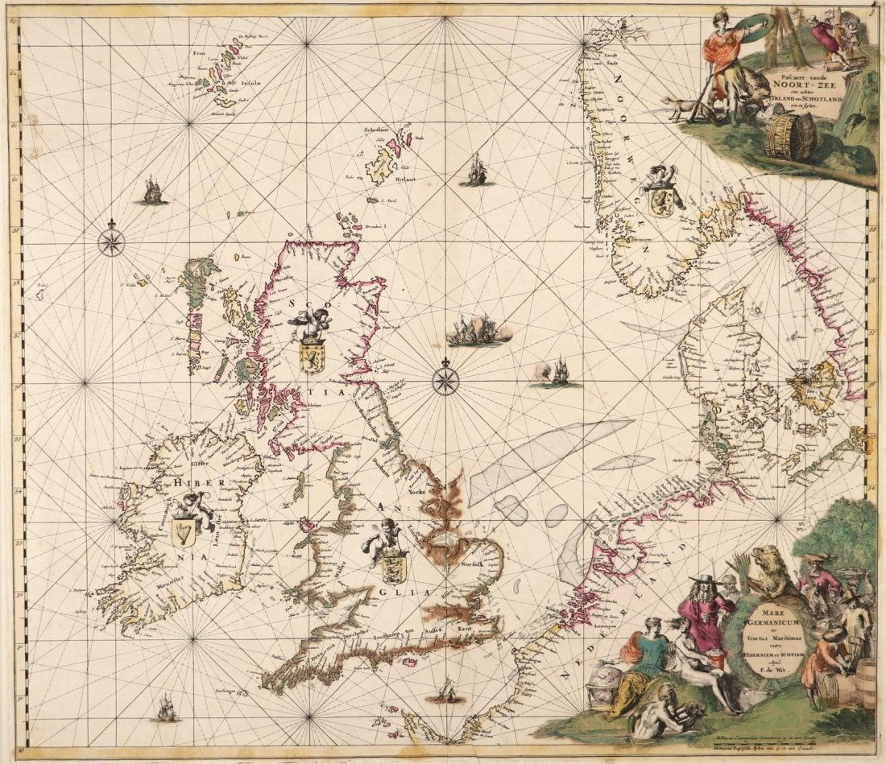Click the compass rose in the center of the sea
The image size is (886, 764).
point(445,381)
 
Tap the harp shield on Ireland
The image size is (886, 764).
point(184,532)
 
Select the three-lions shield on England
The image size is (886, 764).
point(394,566)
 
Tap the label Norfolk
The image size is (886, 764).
point(475,565)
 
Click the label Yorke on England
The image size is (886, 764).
point(416,491)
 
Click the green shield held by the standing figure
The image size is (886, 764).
point(757,30)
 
